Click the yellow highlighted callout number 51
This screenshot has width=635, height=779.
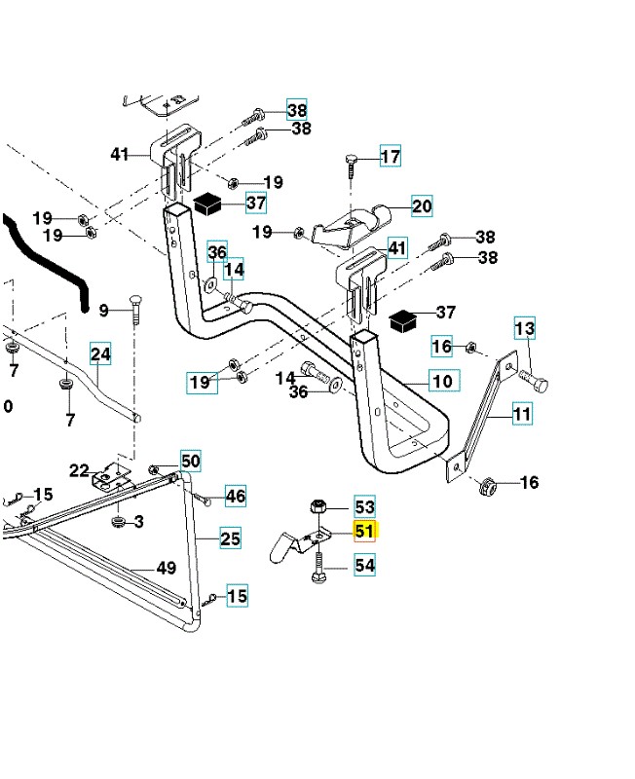(364, 532)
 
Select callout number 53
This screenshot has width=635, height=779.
(364, 507)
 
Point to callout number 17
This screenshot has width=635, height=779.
(390, 157)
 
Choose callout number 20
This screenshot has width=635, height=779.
(422, 205)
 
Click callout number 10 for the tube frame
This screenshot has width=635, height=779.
(441, 380)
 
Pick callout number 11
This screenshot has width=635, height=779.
(522, 415)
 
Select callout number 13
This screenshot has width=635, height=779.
(525, 329)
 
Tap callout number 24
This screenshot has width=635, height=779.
(101, 354)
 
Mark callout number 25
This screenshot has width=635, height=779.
(230, 538)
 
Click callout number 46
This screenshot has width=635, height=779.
(236, 496)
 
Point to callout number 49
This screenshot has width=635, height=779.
(166, 569)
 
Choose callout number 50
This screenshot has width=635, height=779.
(190, 461)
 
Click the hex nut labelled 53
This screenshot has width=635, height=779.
(317, 507)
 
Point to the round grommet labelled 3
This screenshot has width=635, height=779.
(119, 524)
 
